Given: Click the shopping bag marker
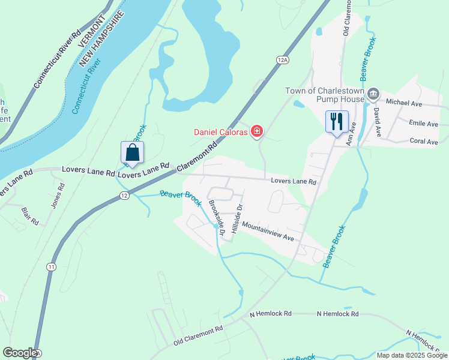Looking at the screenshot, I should point(133,153).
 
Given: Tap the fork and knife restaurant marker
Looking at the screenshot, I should point(337,122).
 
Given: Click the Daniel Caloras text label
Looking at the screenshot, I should point(220,132).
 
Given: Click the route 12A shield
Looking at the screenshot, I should point(283,59).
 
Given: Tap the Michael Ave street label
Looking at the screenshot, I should point(405,103).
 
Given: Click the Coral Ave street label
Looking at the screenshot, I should point(424,142).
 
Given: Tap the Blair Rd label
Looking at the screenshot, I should point(30,217).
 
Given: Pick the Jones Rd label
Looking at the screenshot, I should point(57,196).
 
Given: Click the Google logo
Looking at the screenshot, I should point(20,353).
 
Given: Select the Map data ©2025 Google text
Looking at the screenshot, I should point(412,355).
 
